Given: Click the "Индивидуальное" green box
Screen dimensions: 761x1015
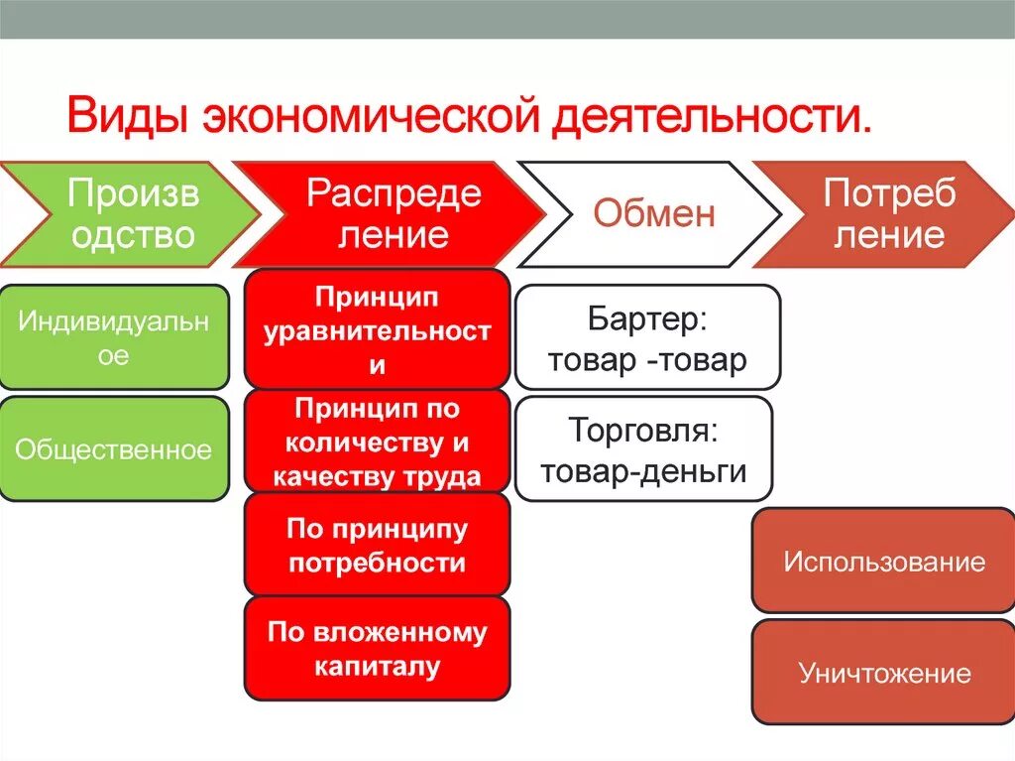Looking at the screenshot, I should [114, 337].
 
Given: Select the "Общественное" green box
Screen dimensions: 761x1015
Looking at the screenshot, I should [114, 449].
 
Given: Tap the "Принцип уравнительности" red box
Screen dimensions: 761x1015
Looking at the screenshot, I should [377, 330].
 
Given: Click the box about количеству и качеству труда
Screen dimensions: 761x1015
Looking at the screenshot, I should [377, 442].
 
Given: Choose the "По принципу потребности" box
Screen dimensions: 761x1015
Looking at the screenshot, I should [377, 546].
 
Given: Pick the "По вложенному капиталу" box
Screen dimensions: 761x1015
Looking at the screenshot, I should [377, 649].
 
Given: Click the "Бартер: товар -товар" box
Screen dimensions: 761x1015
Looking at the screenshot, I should [647, 338].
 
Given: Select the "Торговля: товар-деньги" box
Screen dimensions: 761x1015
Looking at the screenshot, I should [643, 449].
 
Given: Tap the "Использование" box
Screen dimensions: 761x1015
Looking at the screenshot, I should [884, 562].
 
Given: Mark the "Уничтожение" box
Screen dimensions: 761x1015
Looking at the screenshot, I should [884, 674].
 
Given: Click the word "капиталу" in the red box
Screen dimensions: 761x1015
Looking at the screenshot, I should [377, 667].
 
